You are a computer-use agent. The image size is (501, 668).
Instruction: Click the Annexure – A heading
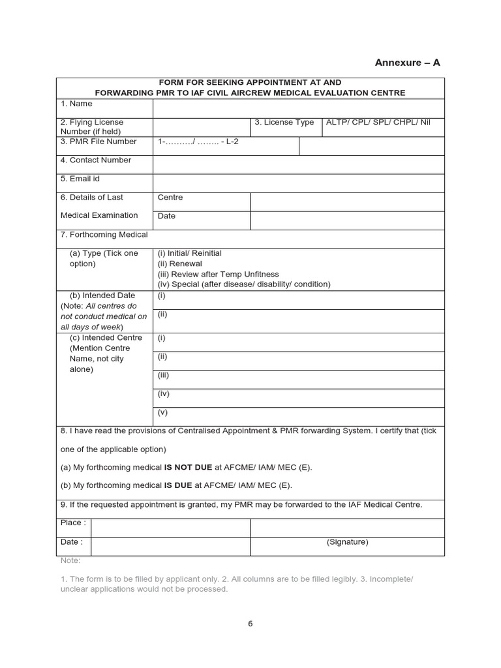(x=408, y=63)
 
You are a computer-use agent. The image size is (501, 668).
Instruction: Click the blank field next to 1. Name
(x=298, y=108)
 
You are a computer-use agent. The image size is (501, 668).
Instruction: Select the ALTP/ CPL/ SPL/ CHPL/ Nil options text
(x=378, y=123)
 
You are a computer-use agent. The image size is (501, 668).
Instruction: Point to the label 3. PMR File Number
(x=99, y=142)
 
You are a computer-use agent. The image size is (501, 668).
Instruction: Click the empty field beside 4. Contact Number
(x=298, y=164)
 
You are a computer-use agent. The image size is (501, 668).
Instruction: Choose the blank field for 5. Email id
(x=298, y=183)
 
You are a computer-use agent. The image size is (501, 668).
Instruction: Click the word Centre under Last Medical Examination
(x=170, y=198)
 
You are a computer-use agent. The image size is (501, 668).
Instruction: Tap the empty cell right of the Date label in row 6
(x=347, y=220)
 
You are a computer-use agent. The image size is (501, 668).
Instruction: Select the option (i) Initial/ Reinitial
(x=190, y=253)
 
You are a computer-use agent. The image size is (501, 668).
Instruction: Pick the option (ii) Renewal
(x=180, y=264)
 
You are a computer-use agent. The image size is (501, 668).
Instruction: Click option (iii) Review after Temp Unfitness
(x=218, y=274)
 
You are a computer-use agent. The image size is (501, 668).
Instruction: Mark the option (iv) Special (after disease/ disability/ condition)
(x=244, y=284)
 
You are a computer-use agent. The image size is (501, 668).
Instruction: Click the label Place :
(x=72, y=523)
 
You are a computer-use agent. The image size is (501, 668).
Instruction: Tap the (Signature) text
(x=347, y=542)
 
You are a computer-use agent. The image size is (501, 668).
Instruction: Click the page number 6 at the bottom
(x=250, y=624)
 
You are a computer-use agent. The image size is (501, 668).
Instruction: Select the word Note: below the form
(x=70, y=560)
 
